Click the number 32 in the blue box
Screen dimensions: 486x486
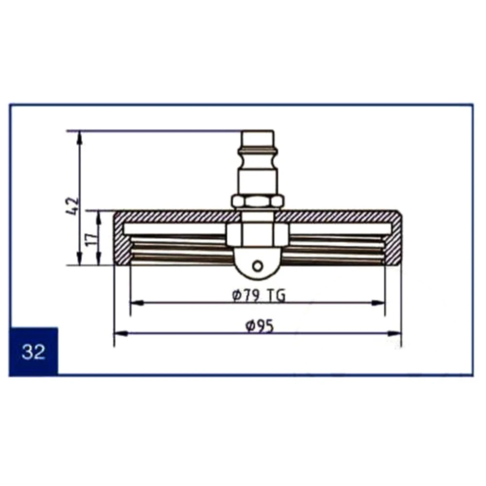click(34, 352)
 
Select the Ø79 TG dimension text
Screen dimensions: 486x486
click(259, 296)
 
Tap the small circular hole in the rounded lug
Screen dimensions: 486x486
click(258, 266)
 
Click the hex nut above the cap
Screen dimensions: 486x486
click(257, 202)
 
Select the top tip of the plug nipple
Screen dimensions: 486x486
click(258, 131)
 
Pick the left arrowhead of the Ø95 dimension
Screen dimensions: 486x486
click(121, 333)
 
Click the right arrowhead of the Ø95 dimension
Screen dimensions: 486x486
click(394, 333)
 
